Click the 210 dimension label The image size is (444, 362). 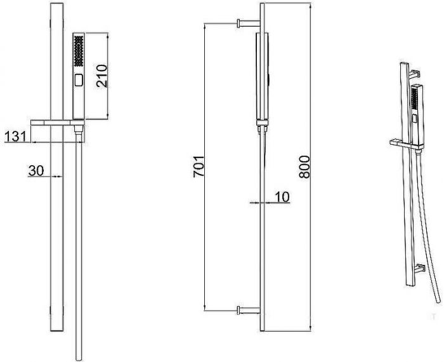point(102,76)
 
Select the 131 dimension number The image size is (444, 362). point(16,137)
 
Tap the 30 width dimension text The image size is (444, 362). point(36,171)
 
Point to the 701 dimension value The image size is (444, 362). point(199,166)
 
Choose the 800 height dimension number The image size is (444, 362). point(304,166)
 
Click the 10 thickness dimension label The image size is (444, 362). point(282,197)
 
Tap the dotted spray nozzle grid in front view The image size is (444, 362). point(79,51)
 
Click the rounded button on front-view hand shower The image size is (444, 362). point(79,80)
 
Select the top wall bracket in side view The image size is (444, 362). point(248,23)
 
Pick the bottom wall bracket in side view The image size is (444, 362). point(248,311)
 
